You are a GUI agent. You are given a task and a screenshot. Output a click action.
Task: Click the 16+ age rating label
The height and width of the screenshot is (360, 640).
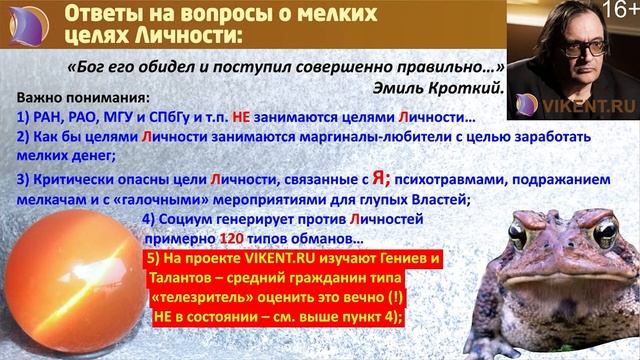(618, 12)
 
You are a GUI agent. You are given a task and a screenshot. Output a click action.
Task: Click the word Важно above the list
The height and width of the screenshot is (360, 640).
(43, 100)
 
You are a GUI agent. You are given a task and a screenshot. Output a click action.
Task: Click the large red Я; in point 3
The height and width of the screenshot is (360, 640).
(380, 178)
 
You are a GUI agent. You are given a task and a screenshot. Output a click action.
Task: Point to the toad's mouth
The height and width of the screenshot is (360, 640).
(555, 270)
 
